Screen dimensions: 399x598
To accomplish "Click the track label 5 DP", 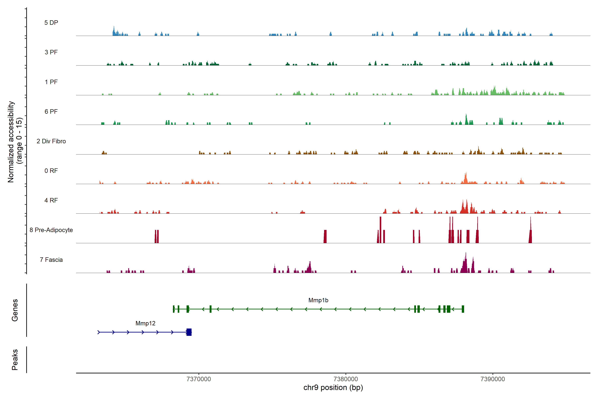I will click(51, 23).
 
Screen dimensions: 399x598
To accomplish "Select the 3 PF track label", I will click(51, 52).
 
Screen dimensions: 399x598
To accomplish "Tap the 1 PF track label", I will click(51, 82).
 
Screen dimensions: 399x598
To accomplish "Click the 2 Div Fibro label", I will click(51, 141).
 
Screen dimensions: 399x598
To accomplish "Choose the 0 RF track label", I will click(51, 171).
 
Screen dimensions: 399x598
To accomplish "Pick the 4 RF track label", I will click(51, 200).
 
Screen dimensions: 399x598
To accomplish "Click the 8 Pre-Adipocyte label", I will click(51, 230).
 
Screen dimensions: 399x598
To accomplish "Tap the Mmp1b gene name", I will click(318, 300).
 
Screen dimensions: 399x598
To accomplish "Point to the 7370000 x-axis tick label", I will click(199, 379).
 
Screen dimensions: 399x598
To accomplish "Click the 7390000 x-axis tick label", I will click(493, 379).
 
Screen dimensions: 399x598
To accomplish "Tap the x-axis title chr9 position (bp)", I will click(333, 388).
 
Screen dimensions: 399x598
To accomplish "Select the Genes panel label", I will click(15, 310).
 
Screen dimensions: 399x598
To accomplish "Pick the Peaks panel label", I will click(15, 360).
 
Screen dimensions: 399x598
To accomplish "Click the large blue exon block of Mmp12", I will click(189, 332).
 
